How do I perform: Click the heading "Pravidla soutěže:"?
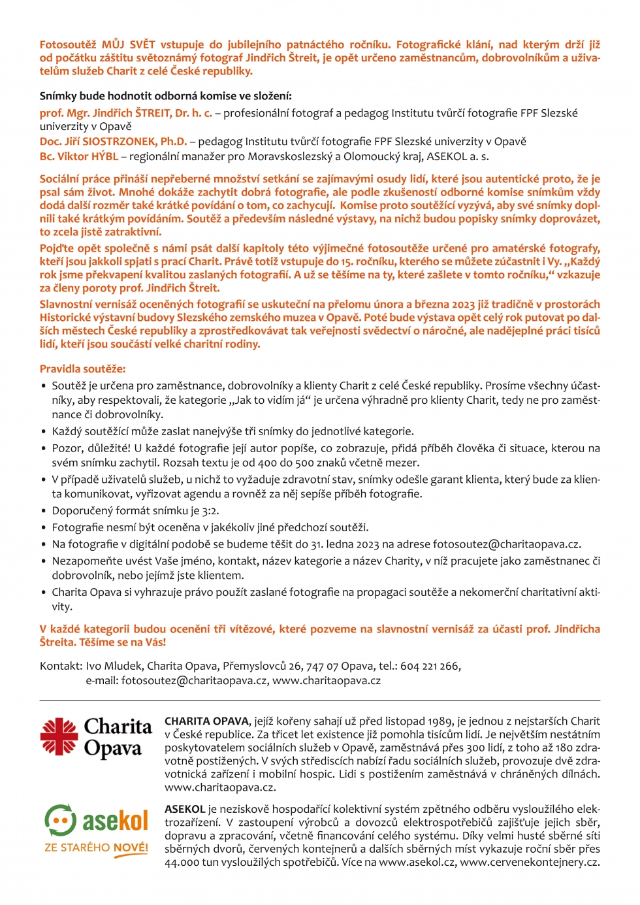pos(82,369)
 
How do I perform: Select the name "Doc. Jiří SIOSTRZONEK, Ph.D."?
pos(113,141)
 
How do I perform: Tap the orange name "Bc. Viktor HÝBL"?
pos(78,156)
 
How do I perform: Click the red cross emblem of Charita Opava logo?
pos(59,736)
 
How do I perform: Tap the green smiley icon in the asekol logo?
pos(60,820)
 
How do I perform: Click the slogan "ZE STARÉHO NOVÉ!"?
pos(96,847)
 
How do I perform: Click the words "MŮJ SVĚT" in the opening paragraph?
pos(128,44)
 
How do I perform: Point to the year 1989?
pos(440,721)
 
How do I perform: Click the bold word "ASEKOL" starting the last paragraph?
pos(185,809)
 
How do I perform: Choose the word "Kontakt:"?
pos(61,666)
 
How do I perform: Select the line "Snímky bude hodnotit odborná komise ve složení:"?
pos(165,95)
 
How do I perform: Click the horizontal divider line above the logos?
pos(319,700)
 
